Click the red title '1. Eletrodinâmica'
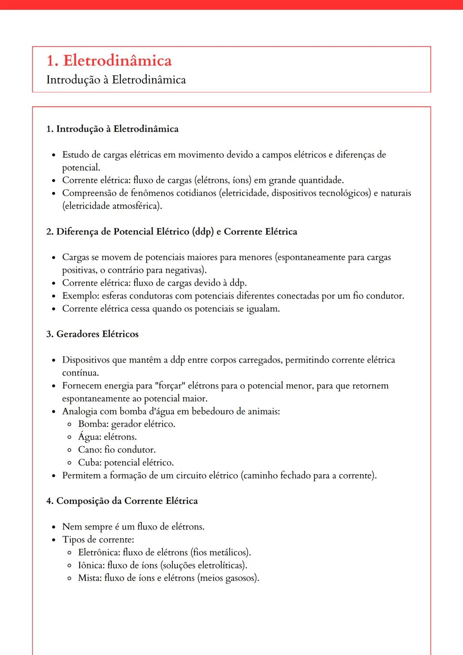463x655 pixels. tap(109, 60)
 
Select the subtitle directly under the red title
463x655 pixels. tap(116, 80)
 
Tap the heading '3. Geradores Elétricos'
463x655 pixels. tap(92, 334)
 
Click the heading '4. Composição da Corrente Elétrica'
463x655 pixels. tap(122, 501)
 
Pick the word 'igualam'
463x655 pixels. tap(262, 309)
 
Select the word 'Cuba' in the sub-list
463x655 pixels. tap(89, 463)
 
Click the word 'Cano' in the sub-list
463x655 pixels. tap(89, 450)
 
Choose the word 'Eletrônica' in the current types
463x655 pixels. tap(99, 552)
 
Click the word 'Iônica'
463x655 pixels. tap(91, 565)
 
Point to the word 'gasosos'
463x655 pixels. tap(242, 578)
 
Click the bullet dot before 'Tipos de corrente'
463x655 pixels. tap(54, 540)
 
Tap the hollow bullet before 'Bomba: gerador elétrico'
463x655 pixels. tap(69, 424)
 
